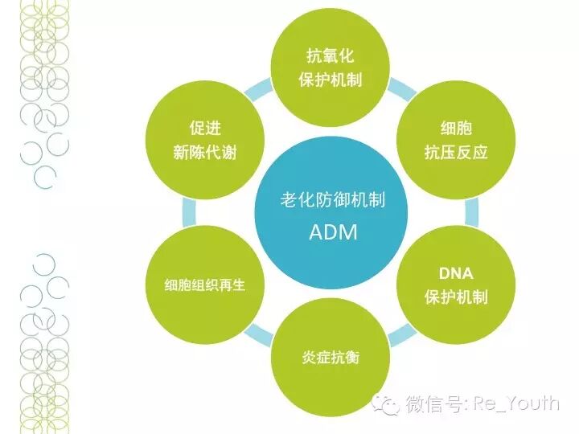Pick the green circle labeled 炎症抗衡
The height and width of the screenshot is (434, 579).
coord(331,356)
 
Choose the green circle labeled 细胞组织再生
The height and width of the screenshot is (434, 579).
coord(204,284)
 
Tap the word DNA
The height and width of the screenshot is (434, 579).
coord(456,272)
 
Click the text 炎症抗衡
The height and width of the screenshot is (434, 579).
coord(331,357)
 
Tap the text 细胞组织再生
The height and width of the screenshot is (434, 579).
coord(204,285)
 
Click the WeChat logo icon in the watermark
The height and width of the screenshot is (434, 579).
coord(389,403)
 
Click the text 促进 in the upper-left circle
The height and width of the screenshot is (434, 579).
coord(204,128)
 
